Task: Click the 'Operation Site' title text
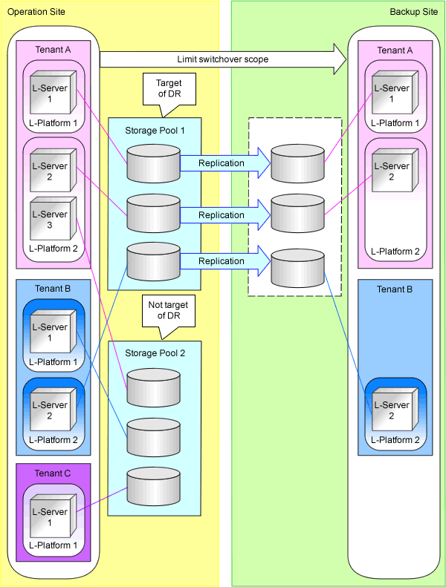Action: [36, 12]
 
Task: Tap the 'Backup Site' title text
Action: [414, 12]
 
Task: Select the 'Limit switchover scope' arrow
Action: [223, 59]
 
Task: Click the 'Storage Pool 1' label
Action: [154, 131]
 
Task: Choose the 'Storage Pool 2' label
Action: [154, 353]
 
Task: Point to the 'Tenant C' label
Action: [53, 474]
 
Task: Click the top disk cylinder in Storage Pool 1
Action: [153, 163]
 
